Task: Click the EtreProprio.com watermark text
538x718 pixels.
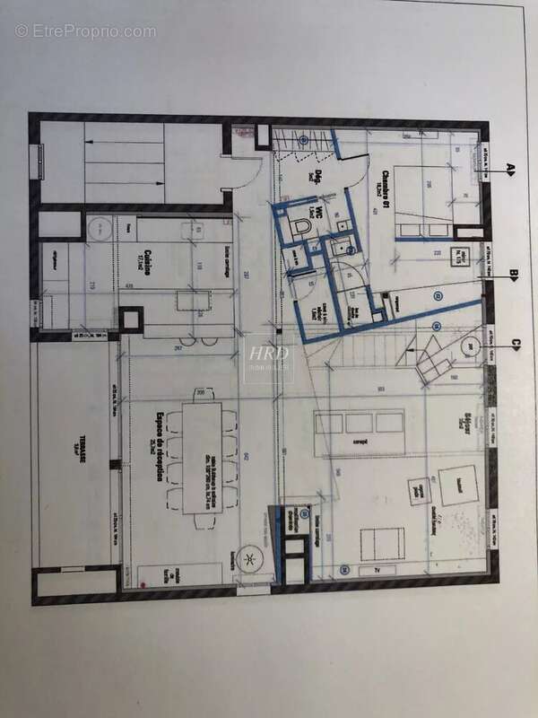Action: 85,31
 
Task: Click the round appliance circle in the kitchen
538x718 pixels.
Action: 101,229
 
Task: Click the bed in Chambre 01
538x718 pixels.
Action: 427,196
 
